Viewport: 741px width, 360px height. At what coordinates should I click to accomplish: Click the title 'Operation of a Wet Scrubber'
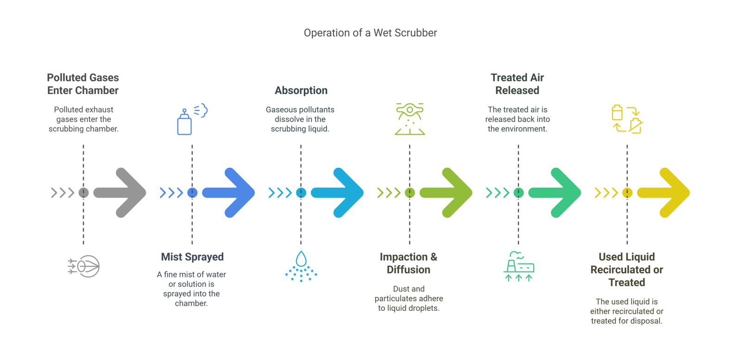click(370, 33)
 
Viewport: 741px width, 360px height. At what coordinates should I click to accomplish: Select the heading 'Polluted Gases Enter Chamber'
click(83, 84)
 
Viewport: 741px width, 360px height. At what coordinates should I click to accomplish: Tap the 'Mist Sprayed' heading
click(192, 257)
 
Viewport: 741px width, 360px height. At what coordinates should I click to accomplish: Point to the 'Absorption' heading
click(301, 90)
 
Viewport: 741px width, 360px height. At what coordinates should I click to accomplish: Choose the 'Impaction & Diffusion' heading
click(408, 263)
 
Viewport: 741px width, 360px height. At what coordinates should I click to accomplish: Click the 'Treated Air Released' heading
click(517, 84)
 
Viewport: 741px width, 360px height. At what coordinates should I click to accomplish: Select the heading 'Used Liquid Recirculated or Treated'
click(627, 269)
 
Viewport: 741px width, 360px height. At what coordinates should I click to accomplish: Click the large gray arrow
click(121, 193)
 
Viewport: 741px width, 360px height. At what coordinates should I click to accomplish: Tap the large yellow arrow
click(665, 193)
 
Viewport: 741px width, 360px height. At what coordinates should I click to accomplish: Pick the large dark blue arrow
click(230, 193)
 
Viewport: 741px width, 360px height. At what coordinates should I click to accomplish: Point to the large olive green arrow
click(447, 193)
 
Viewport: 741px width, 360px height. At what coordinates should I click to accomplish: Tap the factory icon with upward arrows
click(519, 266)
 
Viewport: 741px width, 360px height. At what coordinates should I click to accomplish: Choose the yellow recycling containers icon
click(627, 120)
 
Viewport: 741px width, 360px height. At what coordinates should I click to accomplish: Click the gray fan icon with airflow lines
click(84, 266)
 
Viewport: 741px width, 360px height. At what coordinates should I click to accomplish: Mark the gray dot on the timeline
click(84, 193)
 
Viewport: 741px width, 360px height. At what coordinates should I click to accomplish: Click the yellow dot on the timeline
click(627, 193)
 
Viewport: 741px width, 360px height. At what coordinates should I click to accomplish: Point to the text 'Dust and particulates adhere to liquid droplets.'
click(408, 298)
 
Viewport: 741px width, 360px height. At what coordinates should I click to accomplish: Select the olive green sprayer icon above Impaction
click(410, 120)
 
